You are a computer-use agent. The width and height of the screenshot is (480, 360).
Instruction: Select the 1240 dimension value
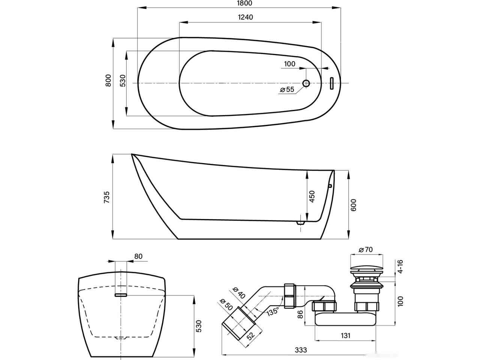pyautogui.click(x=245, y=17)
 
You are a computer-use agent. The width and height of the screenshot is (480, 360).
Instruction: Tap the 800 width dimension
pyautogui.click(x=108, y=80)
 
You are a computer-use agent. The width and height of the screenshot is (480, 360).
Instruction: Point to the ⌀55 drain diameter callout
pyautogui.click(x=287, y=89)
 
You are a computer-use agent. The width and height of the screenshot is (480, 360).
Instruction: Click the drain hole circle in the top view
pyautogui.click(x=306, y=83)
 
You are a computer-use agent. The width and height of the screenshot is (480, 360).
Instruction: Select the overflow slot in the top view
pyautogui.click(x=331, y=83)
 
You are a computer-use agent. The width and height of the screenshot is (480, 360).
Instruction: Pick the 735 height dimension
pyautogui.click(x=106, y=197)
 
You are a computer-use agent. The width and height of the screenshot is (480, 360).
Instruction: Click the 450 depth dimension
pyautogui.click(x=312, y=196)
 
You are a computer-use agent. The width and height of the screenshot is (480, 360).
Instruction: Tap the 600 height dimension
pyautogui.click(x=353, y=205)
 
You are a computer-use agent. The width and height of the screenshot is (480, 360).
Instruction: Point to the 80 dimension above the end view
pyautogui.click(x=138, y=256)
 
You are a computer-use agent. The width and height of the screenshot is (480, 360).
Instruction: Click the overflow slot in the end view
pyautogui.click(x=121, y=295)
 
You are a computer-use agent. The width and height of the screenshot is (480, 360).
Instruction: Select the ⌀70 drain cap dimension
pyautogui.click(x=366, y=249)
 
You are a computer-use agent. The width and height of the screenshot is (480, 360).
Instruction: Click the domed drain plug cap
pyautogui.click(x=366, y=268)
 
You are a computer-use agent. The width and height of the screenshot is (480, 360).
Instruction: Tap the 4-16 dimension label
pyautogui.click(x=400, y=266)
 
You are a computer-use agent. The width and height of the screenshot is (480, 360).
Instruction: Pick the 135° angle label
pyautogui.click(x=273, y=311)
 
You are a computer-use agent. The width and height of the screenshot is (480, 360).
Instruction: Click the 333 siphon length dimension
pyautogui.click(x=301, y=350)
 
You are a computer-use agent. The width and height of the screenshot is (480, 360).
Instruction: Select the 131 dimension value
pyautogui.click(x=345, y=336)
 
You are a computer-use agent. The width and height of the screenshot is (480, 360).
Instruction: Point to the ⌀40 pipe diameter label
pyautogui.click(x=239, y=292)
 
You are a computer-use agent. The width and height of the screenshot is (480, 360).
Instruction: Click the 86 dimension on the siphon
pyautogui.click(x=300, y=315)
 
